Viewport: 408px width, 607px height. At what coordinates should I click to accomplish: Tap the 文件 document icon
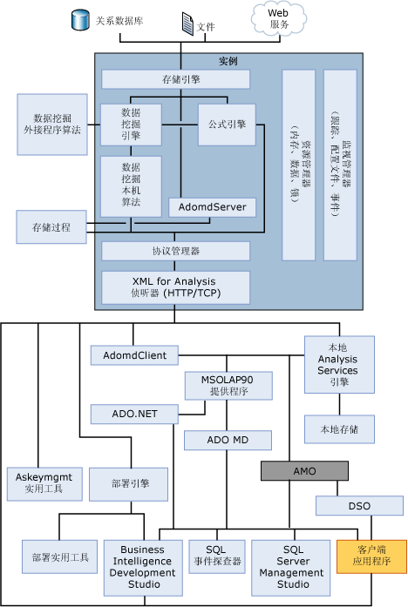[187, 24]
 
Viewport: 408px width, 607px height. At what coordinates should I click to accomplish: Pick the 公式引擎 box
[226, 125]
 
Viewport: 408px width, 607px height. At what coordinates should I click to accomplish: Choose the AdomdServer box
[213, 207]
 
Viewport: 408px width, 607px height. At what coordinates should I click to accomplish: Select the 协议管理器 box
[176, 252]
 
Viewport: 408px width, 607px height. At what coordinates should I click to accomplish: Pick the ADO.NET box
[134, 413]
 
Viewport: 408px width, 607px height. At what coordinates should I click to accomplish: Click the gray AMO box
[298, 470]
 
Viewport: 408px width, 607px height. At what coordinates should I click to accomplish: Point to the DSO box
[359, 505]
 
